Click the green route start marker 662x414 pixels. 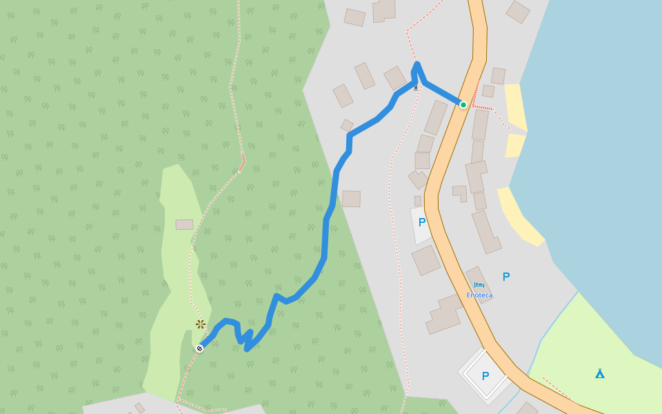(x=463, y=105)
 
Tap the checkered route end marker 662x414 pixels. (x=199, y=348)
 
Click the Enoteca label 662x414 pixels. (x=479, y=295)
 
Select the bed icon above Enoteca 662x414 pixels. (x=479, y=285)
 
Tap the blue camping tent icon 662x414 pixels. (x=600, y=373)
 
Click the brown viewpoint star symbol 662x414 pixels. (x=201, y=324)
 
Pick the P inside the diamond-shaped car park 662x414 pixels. (x=485, y=376)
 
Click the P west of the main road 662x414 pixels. (x=422, y=222)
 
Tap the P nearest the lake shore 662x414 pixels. (x=506, y=277)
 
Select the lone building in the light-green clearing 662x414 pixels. (x=184, y=224)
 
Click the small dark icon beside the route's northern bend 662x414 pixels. (x=415, y=88)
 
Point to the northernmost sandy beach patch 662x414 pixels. (x=516, y=106)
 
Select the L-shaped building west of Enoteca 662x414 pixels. (x=445, y=314)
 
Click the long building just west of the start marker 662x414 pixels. (x=435, y=117)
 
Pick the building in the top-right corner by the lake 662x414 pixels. (x=518, y=11)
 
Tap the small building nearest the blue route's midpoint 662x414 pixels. (x=351, y=199)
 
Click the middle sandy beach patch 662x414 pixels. (x=514, y=145)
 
